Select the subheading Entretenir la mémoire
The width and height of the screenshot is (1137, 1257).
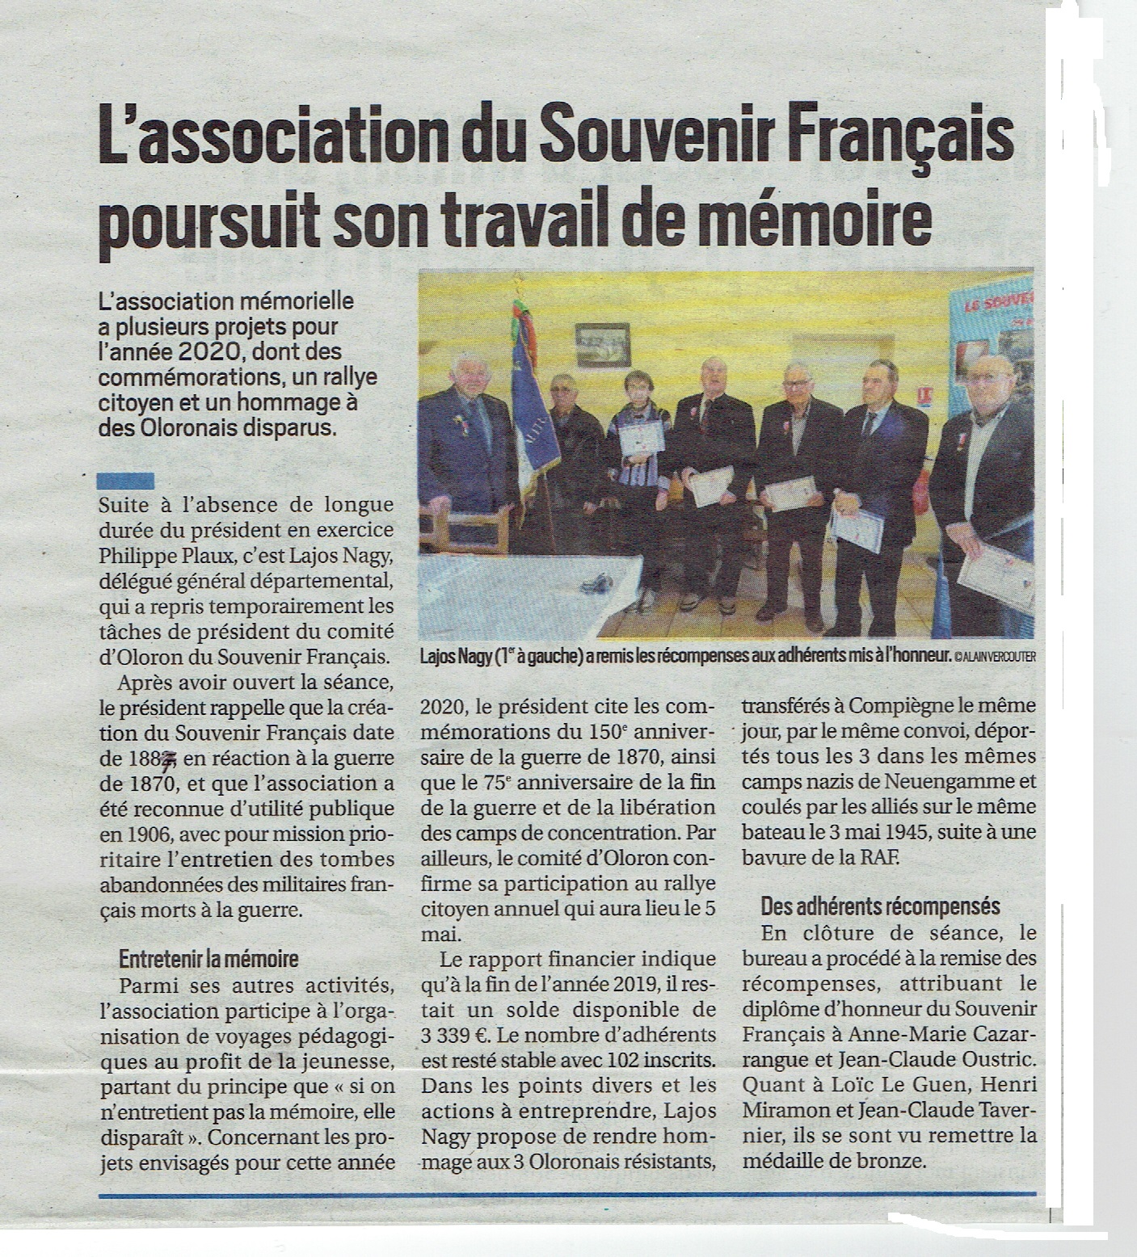point(208,960)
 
